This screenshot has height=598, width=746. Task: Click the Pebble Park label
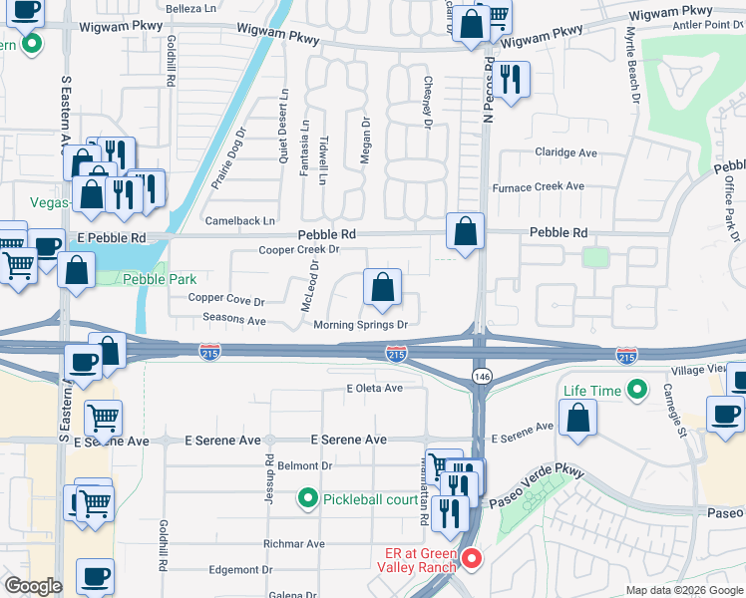(x=160, y=280)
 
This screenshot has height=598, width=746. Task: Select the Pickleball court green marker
(x=308, y=497)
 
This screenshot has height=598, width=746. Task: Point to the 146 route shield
(x=480, y=374)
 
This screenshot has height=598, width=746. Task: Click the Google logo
(x=34, y=586)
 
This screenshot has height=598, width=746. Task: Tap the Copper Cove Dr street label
(x=226, y=299)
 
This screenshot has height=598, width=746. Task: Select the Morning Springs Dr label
(x=360, y=325)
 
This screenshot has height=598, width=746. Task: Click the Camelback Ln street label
(x=239, y=220)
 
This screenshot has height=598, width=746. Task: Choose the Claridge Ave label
(x=565, y=152)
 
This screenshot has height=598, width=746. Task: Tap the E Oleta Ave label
(x=374, y=389)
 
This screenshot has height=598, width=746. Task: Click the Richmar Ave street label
(x=294, y=544)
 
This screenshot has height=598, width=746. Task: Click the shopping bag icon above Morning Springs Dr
(x=382, y=289)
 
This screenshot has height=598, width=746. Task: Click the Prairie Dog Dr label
(x=227, y=158)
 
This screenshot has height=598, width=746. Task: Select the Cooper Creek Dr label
(x=292, y=250)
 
